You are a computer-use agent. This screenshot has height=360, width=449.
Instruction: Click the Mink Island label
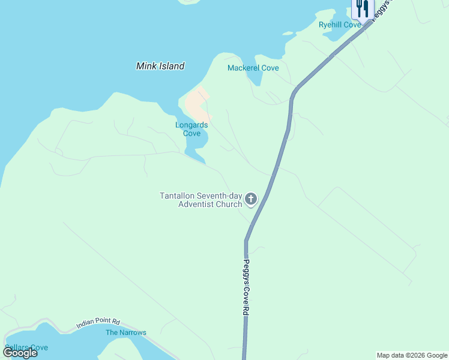pos(160,66)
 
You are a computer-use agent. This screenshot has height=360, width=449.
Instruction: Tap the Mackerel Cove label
pos(253,68)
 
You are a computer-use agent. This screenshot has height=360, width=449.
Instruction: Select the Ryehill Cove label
pos(340,25)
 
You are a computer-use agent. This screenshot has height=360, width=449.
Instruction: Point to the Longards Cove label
pos(191,129)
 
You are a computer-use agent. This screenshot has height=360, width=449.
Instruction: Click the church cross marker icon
pos(251,199)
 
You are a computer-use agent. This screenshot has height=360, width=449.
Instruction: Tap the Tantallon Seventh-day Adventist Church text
pos(201,200)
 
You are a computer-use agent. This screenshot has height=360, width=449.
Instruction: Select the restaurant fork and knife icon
pos(361,8)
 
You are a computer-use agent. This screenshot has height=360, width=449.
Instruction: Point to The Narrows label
pos(126,332)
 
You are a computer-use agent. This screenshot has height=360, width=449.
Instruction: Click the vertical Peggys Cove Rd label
pos(246,287)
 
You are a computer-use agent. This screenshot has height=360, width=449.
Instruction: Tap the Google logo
pos(20,352)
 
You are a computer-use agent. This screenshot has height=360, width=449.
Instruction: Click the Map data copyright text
pos(412,355)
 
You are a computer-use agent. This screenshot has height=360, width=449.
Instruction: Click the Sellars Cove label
pos(26,347)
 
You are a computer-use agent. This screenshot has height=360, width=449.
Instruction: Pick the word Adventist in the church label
pos(200,204)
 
